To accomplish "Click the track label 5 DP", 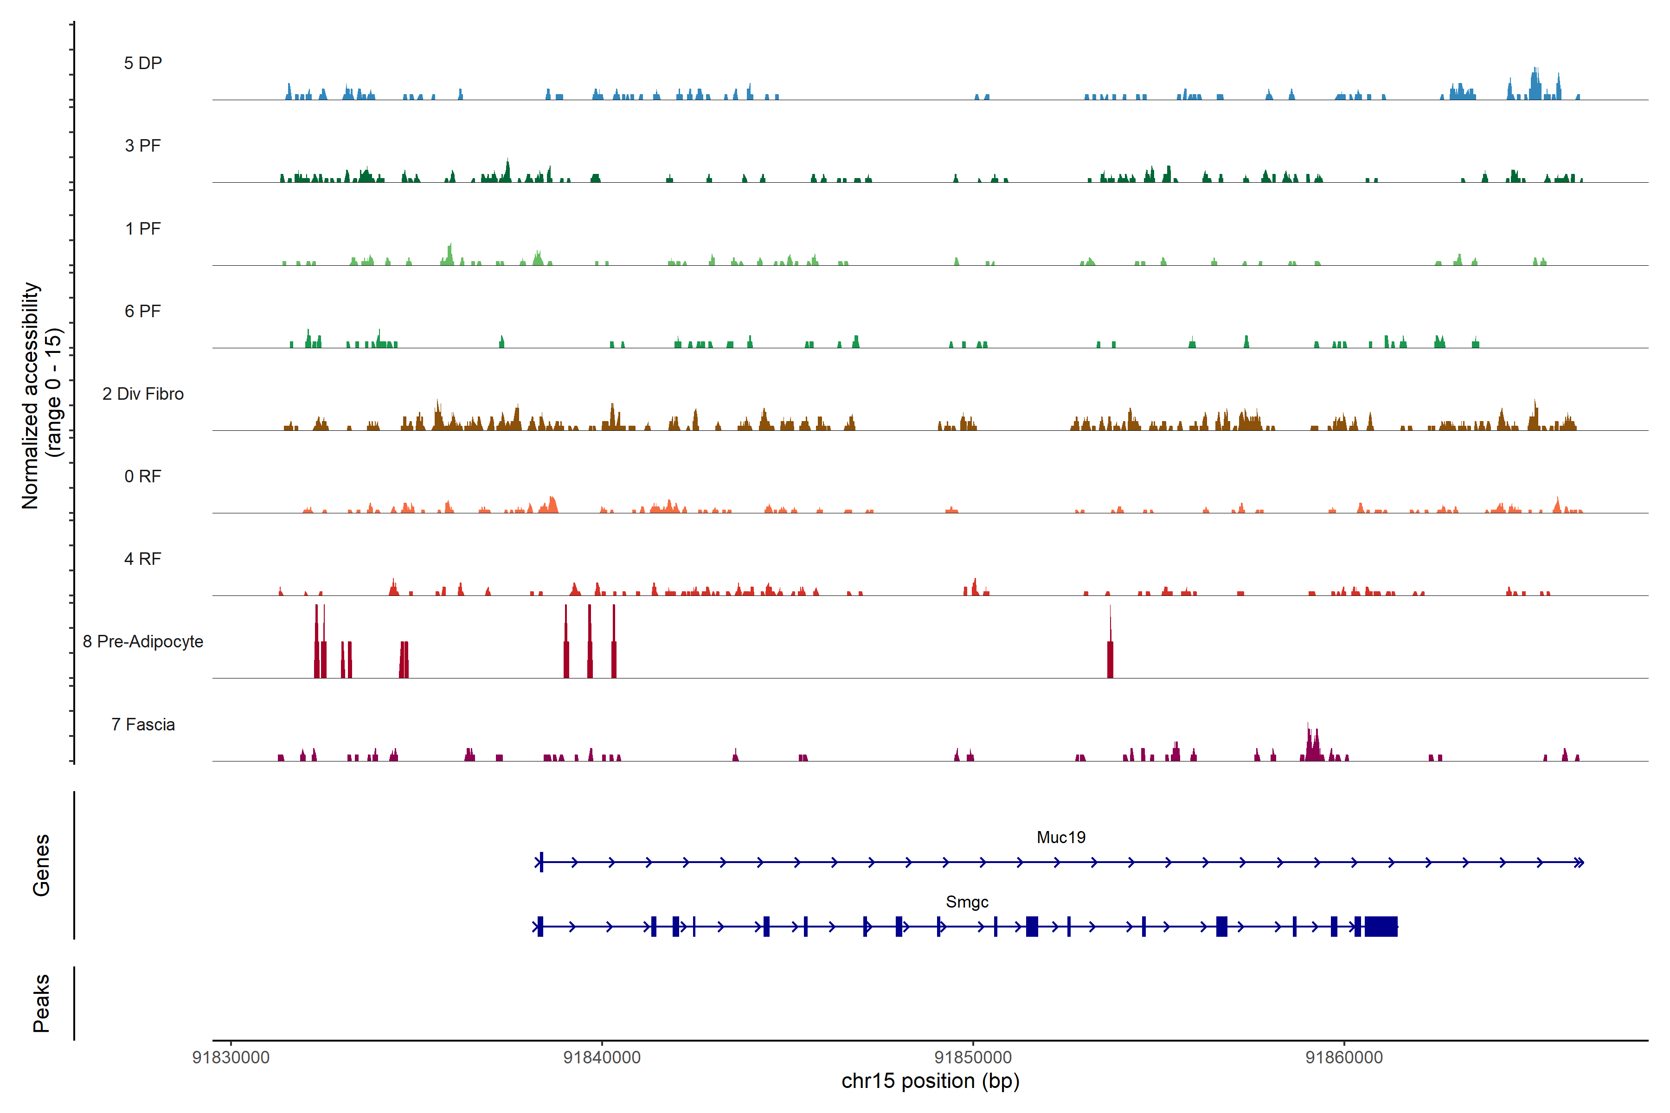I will [x=143, y=63].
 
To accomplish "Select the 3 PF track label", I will [x=143, y=146].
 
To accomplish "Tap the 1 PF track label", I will [x=143, y=229].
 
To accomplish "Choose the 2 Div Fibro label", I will [x=143, y=394].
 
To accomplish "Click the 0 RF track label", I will [x=143, y=476].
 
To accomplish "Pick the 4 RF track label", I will [x=143, y=559].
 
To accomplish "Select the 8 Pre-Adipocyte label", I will [x=143, y=642].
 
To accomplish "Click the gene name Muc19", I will [x=1061, y=838].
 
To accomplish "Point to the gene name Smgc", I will [x=967, y=902].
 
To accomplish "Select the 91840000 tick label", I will [x=602, y=1058].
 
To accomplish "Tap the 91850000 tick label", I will [x=973, y=1058].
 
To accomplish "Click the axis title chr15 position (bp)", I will [x=930, y=1081].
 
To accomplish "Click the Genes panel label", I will [x=41, y=865].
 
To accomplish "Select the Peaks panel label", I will [x=41, y=1003].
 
